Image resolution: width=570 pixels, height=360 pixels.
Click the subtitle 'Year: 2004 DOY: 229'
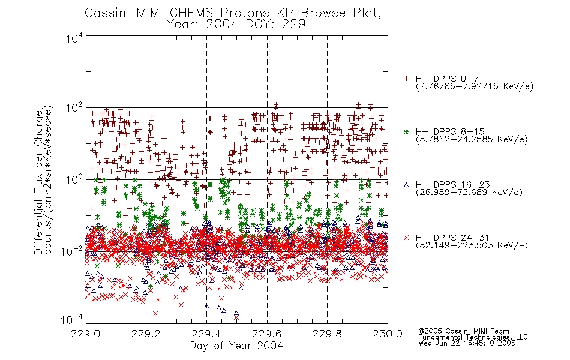point(236,25)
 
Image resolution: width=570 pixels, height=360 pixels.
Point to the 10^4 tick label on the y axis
point(74,38)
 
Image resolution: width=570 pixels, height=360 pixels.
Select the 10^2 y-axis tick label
point(74,108)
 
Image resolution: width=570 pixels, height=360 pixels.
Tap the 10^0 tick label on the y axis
point(74,179)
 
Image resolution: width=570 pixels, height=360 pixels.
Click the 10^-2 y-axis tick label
point(72,251)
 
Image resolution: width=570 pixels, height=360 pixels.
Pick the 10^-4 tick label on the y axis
point(72,319)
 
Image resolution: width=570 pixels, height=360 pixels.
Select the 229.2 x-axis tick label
point(146,334)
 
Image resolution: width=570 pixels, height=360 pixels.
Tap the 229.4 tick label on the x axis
point(206,334)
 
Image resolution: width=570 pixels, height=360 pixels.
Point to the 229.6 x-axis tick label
point(267,334)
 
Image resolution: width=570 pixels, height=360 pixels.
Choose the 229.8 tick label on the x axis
point(327,334)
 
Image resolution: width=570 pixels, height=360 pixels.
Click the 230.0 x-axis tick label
point(388,334)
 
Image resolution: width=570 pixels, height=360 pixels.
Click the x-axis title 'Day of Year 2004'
point(236,346)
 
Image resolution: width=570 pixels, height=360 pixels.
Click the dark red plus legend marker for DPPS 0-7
point(406,79)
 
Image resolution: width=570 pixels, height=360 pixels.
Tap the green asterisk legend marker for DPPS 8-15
point(406,131)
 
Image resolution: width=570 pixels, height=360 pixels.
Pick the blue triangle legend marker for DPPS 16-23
point(406,185)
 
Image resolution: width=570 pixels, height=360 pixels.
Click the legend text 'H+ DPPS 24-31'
point(452,238)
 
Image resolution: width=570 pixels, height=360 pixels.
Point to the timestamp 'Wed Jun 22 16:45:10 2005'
point(467,343)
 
